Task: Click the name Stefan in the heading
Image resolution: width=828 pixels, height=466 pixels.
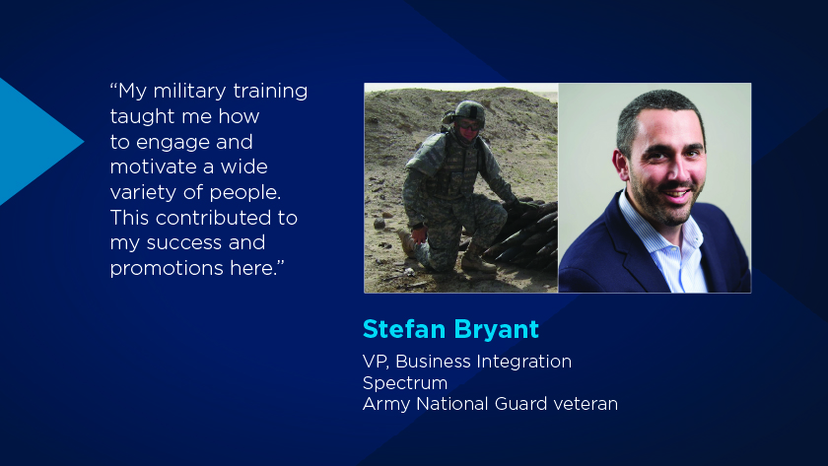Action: tap(404, 329)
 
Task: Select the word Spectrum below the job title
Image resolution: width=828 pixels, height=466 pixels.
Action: tap(405, 383)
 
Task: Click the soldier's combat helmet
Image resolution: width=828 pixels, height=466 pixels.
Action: tap(468, 112)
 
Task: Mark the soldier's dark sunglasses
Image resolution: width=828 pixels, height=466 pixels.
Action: tap(469, 126)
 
